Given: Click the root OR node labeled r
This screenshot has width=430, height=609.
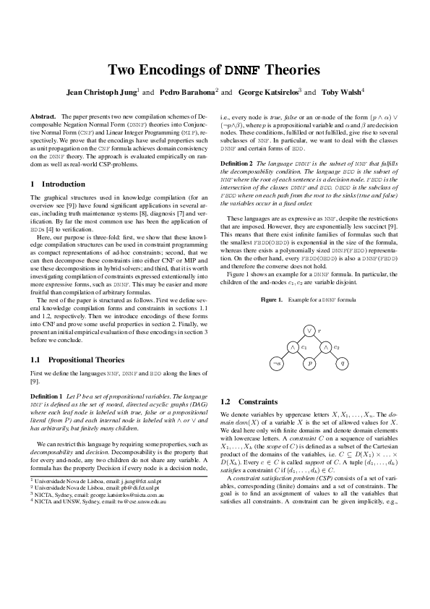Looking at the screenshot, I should click(309, 331).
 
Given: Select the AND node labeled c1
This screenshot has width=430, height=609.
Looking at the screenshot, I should click(293, 346).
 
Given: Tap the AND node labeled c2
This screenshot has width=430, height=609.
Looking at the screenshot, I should click(326, 346).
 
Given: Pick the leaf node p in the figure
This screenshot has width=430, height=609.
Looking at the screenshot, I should click(309, 363).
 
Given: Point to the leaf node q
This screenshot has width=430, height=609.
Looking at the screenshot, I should click(343, 363).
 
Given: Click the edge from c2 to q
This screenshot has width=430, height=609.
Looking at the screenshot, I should click(335, 355).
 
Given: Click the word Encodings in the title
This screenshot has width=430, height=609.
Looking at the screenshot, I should click(181, 70).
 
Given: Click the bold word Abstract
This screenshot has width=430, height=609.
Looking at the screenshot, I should click(43, 116).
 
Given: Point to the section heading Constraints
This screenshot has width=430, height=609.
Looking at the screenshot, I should click(257, 401).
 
